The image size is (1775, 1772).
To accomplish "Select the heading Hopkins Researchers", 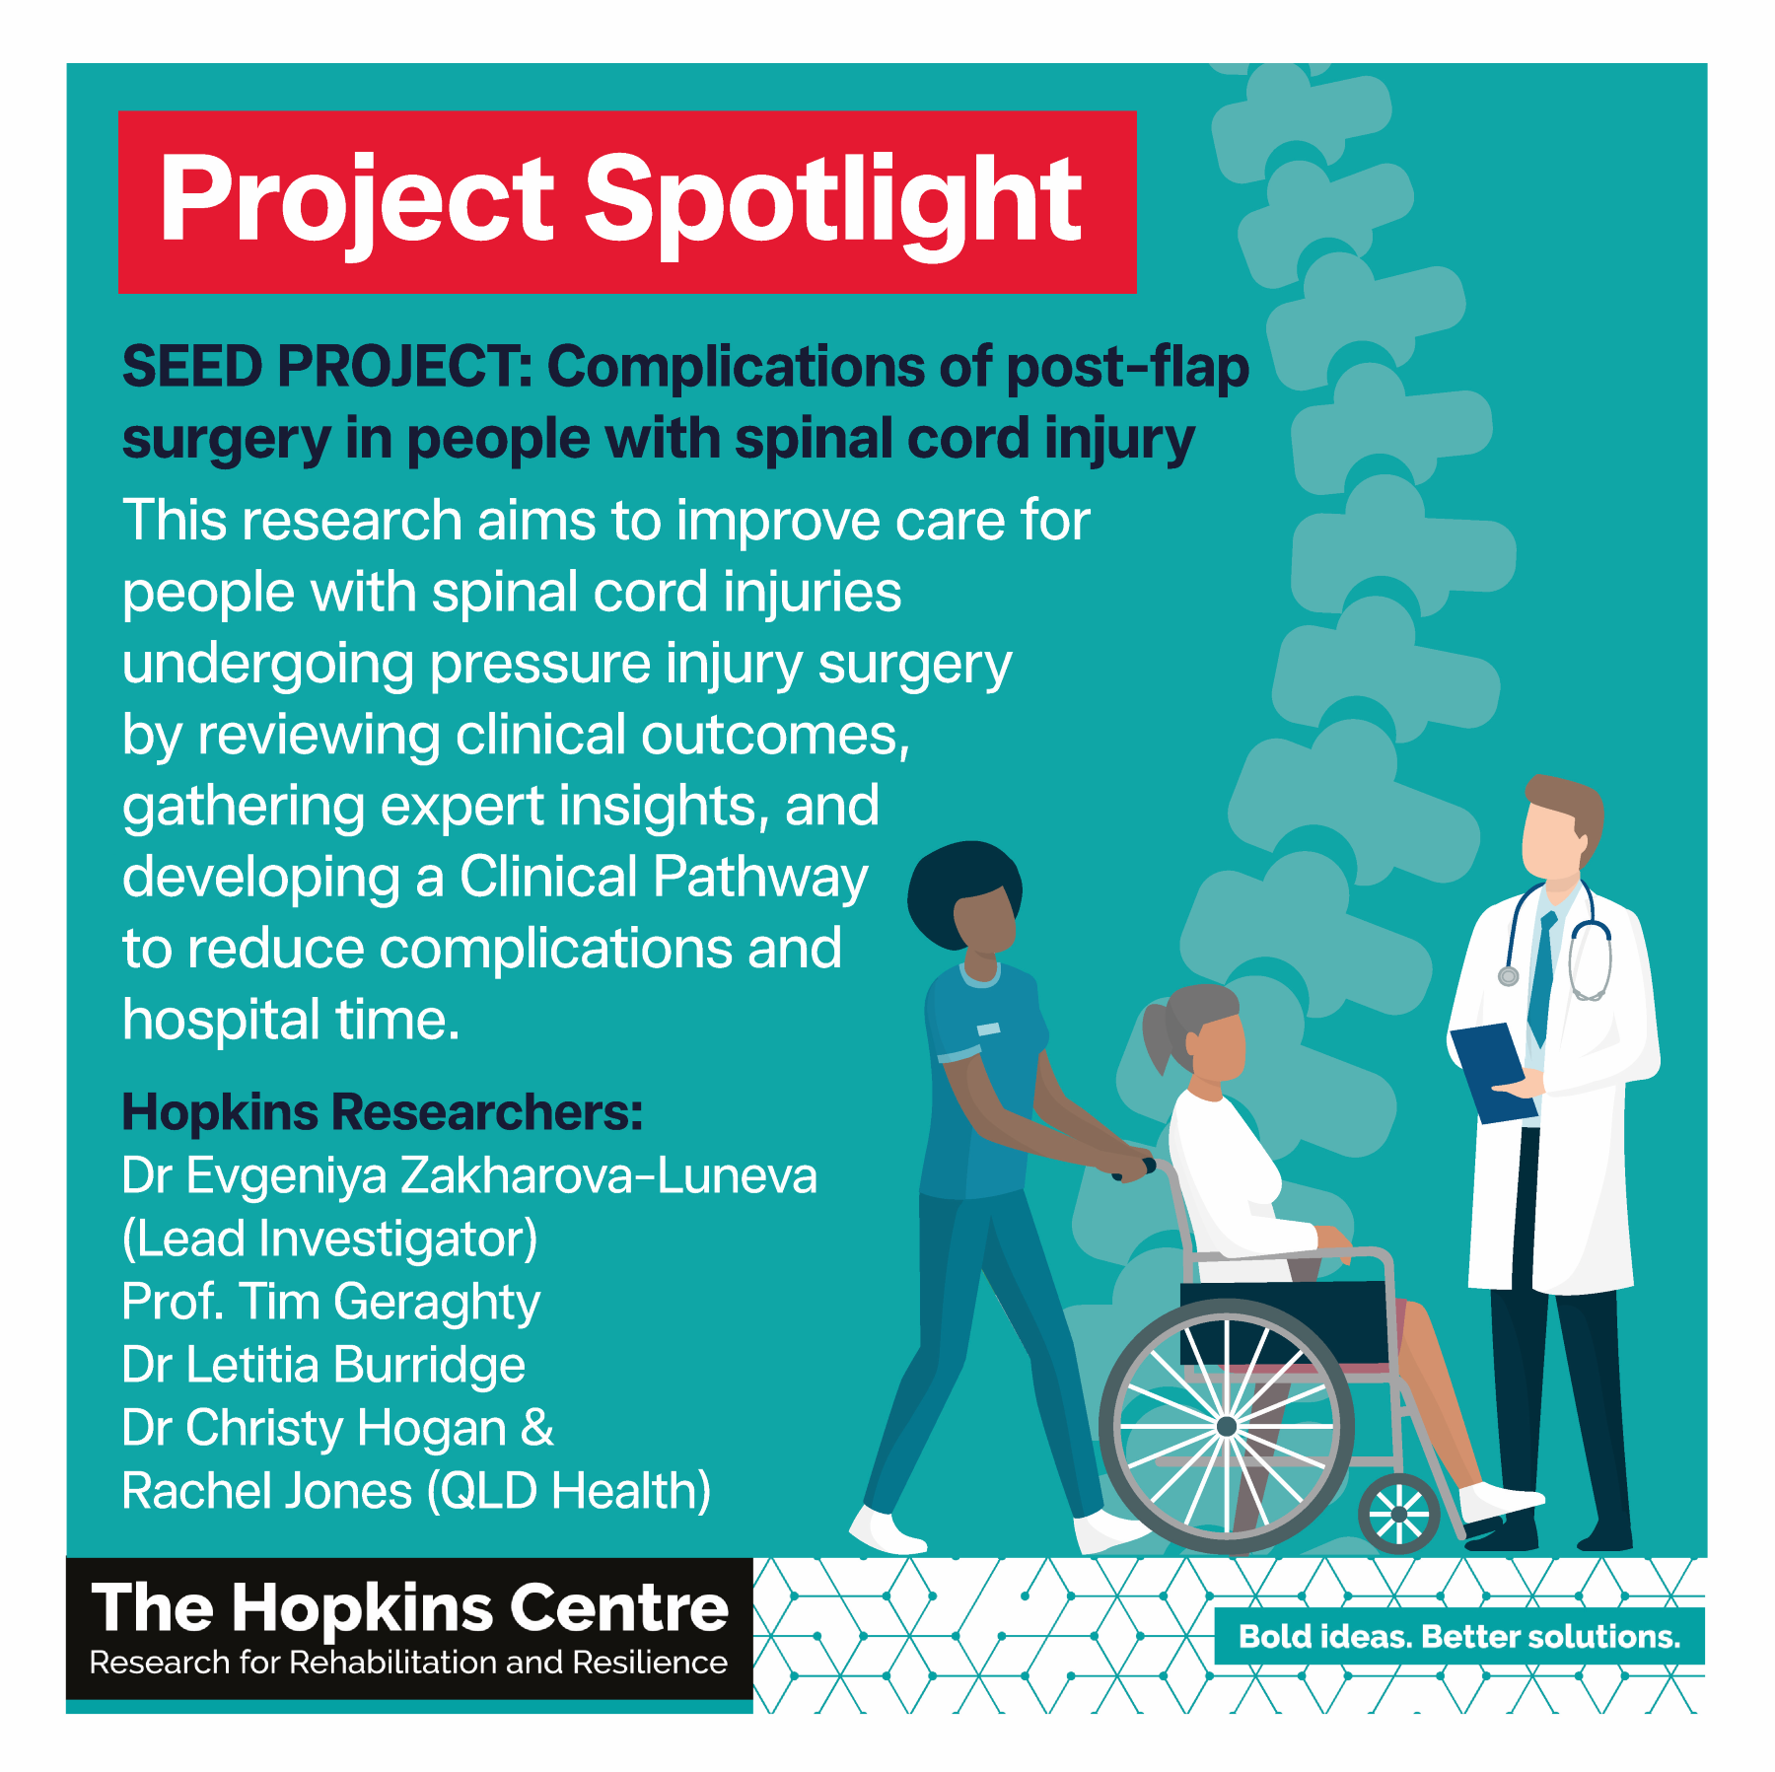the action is pos(383,1112).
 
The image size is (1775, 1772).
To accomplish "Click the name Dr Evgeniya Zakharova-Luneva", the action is pos(469,1176).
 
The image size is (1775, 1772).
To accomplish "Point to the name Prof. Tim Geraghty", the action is pos(331,1302).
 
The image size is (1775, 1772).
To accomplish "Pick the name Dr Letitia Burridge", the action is pos(323,1365).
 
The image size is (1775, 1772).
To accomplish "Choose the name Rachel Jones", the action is pos(267,1491).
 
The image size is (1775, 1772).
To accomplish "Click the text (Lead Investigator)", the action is pos(330,1240).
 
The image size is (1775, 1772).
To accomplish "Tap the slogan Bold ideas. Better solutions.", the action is pos(1459,1637).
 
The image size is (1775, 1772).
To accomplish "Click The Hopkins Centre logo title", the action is pos(410,1607).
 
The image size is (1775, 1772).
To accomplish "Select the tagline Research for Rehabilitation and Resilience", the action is pos(408,1663).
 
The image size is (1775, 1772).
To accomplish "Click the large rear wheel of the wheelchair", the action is pos(1227,1426).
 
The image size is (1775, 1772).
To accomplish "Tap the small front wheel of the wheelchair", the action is pos(1399,1514).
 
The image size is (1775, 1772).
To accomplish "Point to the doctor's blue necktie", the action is pos(1540,977).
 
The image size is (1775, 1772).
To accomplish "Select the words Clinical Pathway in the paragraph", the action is pos(664,877).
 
